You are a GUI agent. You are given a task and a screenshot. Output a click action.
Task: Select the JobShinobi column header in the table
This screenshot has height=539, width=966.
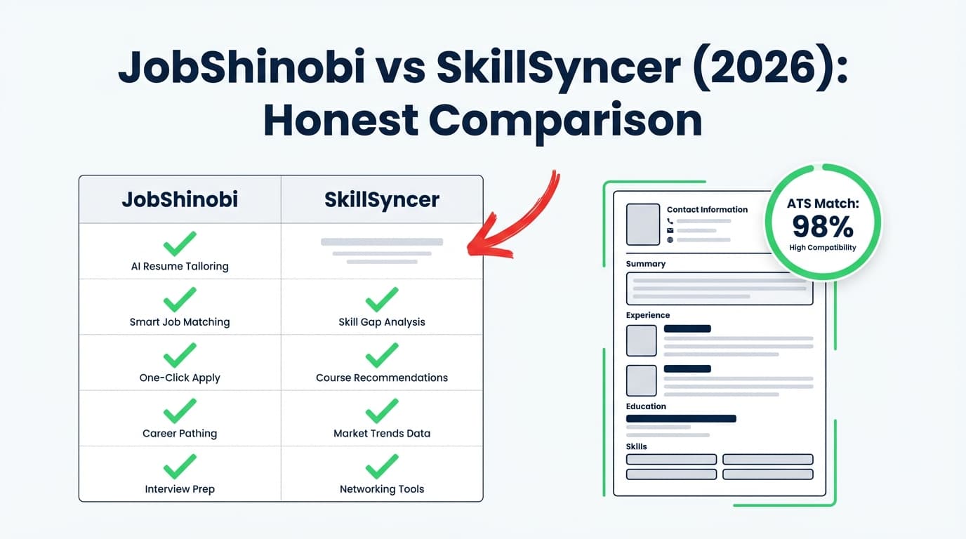[x=180, y=200]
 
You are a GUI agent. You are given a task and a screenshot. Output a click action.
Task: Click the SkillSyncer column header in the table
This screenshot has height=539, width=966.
[x=382, y=200]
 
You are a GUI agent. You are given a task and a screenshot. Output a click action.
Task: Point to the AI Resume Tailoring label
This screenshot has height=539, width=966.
[x=180, y=267]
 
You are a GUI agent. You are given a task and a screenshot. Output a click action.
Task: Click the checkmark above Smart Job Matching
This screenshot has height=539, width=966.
[x=180, y=299]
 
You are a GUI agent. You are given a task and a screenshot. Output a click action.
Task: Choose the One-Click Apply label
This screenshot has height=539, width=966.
[x=180, y=378]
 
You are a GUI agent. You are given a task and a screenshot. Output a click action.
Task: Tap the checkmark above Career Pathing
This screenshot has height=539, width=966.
[x=180, y=411]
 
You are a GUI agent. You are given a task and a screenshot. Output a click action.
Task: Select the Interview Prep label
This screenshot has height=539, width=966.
[x=180, y=489]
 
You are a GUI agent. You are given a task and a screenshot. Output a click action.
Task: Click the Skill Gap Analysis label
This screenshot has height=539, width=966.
[x=382, y=322]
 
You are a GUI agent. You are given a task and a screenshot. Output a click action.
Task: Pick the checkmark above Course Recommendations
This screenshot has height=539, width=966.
[x=382, y=355]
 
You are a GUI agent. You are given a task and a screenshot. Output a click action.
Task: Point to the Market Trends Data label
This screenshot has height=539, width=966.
[x=382, y=434]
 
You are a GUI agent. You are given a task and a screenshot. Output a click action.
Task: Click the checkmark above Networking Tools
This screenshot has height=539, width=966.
[x=382, y=467]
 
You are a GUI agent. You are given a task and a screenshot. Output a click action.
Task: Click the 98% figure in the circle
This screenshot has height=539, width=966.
[x=823, y=226]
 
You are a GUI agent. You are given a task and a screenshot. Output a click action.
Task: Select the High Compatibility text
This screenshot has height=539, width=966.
[x=823, y=248]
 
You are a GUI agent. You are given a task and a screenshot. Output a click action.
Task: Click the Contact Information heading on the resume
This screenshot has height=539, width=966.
[x=707, y=209]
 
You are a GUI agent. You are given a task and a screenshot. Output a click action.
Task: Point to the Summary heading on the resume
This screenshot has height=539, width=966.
[x=646, y=264]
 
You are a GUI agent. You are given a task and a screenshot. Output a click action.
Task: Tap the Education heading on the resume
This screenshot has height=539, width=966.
[x=646, y=406]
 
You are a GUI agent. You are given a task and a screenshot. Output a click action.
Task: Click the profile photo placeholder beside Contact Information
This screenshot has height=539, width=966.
[x=643, y=224]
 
